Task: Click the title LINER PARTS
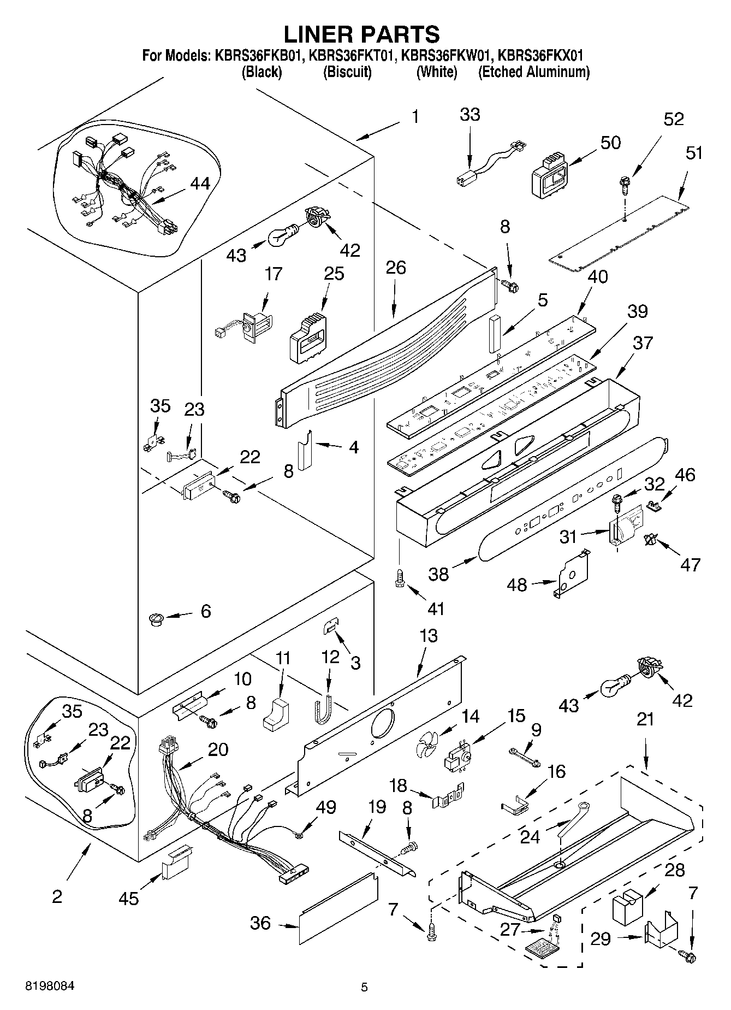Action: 362,34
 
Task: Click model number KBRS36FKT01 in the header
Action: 352,55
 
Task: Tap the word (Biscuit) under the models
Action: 348,72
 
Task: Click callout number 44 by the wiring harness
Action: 200,184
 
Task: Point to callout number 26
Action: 396,268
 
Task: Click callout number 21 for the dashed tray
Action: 645,720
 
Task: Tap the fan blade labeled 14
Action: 426,745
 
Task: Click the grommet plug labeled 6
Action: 156,619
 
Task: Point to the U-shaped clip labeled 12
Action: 322,709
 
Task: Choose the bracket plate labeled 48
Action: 571,576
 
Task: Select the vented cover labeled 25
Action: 308,336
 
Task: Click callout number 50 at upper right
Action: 610,143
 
